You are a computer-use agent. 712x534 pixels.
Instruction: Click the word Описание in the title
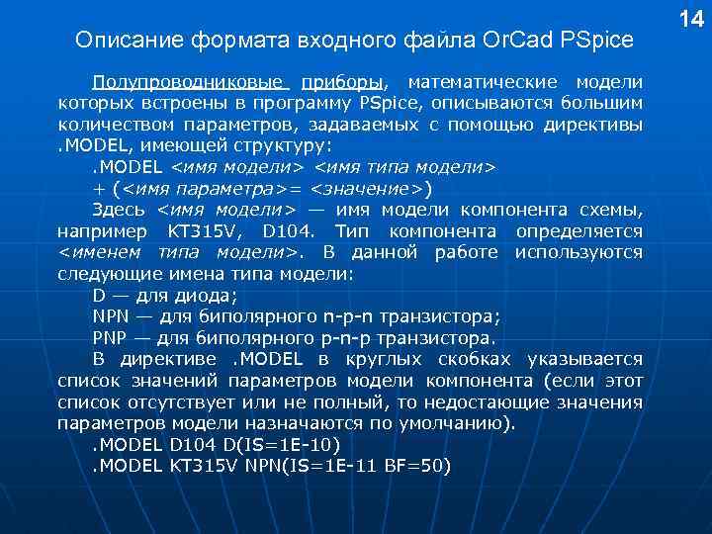click(x=117, y=41)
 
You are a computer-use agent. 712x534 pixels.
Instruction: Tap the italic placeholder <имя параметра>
click(x=194, y=188)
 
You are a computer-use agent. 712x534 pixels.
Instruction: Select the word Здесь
click(x=119, y=210)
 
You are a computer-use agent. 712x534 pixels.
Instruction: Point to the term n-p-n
click(x=346, y=316)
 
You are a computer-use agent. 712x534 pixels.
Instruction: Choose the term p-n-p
click(x=345, y=338)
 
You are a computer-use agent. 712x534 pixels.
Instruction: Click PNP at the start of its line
click(x=109, y=338)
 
